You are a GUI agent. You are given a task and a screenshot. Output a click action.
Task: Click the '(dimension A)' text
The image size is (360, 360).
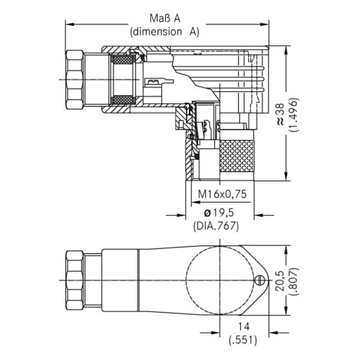tap(165, 31)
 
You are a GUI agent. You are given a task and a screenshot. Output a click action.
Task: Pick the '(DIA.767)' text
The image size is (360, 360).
tap(217, 226)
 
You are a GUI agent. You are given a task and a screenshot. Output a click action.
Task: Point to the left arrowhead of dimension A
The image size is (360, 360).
tap(69, 24)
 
